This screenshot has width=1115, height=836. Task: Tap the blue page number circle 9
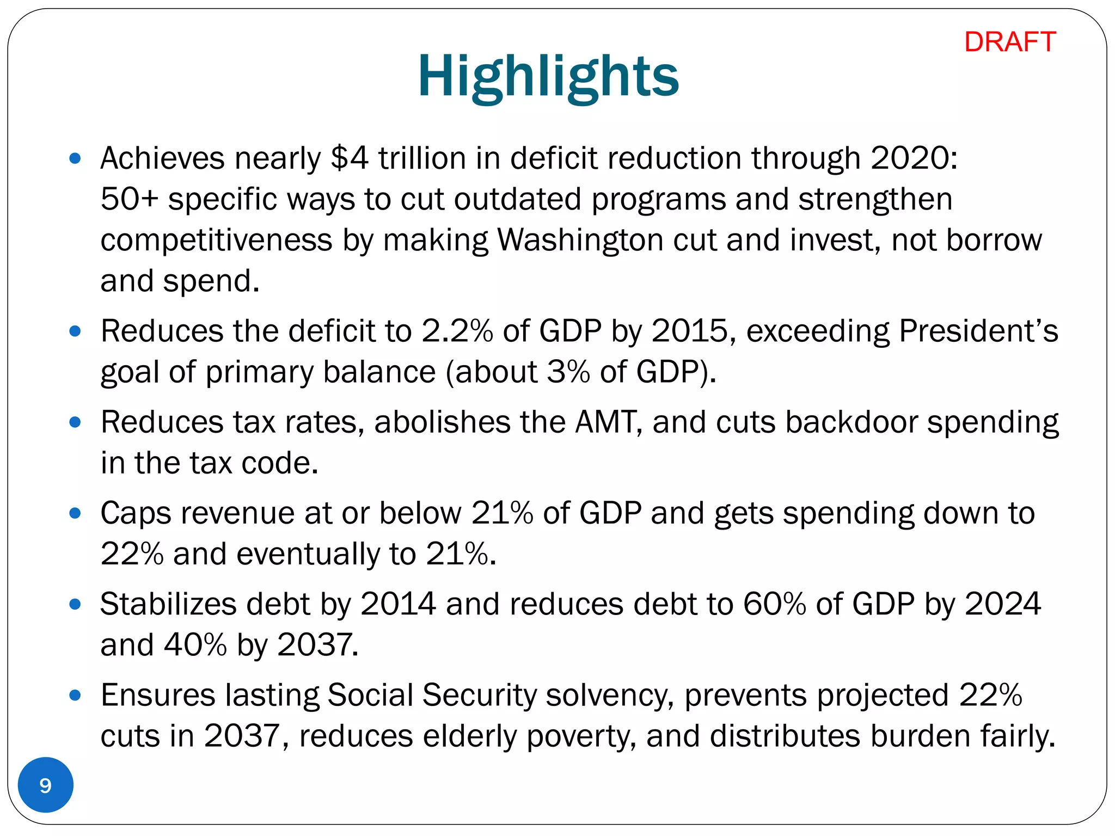point(46,785)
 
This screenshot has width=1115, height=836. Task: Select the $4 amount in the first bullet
point(349,158)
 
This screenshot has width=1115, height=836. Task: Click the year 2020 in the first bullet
point(913,158)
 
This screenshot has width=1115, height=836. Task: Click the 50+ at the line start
point(129,199)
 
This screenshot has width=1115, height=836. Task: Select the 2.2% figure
point(457,331)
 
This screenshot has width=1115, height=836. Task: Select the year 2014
point(398,604)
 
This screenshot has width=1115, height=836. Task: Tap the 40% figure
point(195,645)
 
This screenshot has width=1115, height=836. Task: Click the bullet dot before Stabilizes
point(76,604)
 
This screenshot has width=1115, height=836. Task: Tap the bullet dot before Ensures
point(76,695)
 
